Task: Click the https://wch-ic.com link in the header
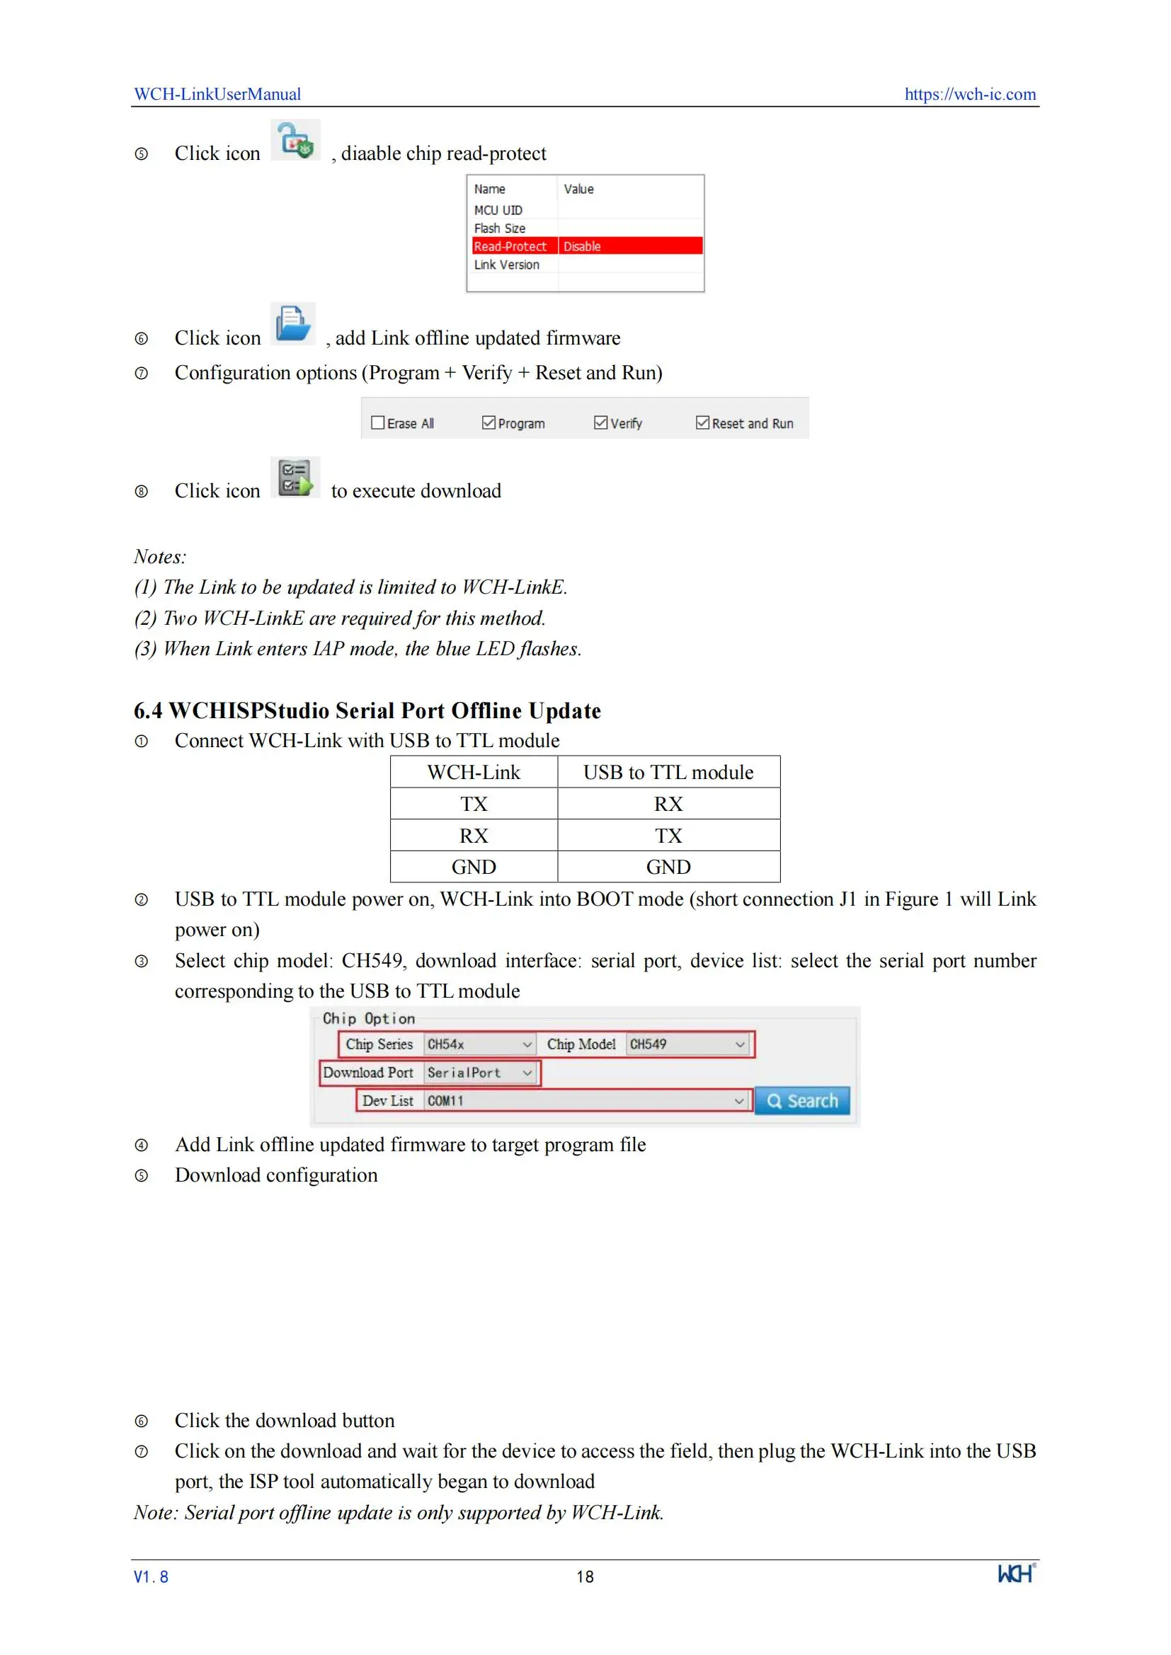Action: [x=969, y=93]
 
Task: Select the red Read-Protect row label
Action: [x=510, y=246]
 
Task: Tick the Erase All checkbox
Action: [x=377, y=423]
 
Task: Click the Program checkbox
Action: [x=489, y=423]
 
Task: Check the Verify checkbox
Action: [x=600, y=423]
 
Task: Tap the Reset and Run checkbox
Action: [x=702, y=423]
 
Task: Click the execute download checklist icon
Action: [x=295, y=477]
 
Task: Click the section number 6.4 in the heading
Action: [x=148, y=710]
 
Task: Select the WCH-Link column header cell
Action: [x=473, y=772]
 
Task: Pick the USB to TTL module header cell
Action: [x=668, y=772]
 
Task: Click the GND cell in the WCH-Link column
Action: [x=473, y=867]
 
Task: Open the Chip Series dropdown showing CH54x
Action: [x=479, y=1044]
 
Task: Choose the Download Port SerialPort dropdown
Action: [x=479, y=1073]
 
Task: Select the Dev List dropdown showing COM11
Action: [x=585, y=1101]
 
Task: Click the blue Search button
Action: [x=802, y=1101]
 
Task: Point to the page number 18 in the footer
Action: [x=585, y=1576]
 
